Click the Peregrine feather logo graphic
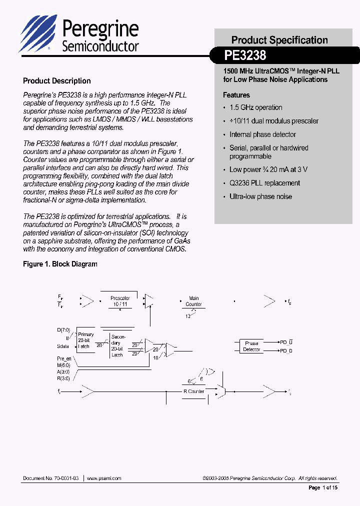click(x=38, y=33)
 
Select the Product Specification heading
click(x=279, y=40)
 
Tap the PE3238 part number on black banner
click(x=245, y=54)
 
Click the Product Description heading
click(x=57, y=81)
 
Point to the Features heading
click(x=236, y=95)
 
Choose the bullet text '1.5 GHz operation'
click(x=255, y=107)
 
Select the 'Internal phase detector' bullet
click(x=262, y=134)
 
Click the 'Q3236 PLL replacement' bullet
click(x=264, y=183)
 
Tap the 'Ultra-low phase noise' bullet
click(x=260, y=196)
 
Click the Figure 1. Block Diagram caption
click(x=60, y=264)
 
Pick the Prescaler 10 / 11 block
click(x=120, y=301)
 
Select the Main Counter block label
click(x=193, y=301)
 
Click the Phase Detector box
click(x=251, y=346)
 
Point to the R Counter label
click(x=193, y=391)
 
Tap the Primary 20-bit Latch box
click(x=85, y=340)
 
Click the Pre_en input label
click(x=64, y=359)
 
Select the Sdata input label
click(x=63, y=346)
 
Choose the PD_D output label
click(x=285, y=350)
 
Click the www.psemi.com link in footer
click(x=104, y=478)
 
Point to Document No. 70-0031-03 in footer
click(x=50, y=478)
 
